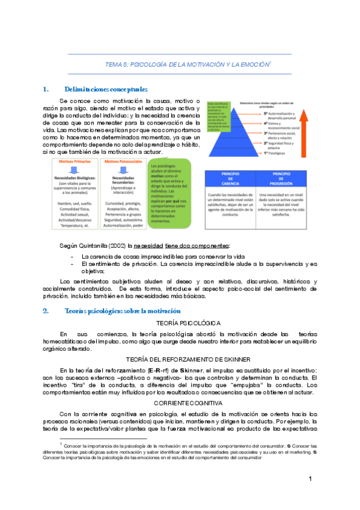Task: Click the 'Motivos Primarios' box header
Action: tap(75, 162)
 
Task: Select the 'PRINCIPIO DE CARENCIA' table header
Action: tap(230, 177)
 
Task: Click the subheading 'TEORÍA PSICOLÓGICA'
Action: tap(180, 323)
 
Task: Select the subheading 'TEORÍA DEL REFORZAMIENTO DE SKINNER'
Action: tap(180, 358)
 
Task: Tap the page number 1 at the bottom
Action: tap(310, 495)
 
